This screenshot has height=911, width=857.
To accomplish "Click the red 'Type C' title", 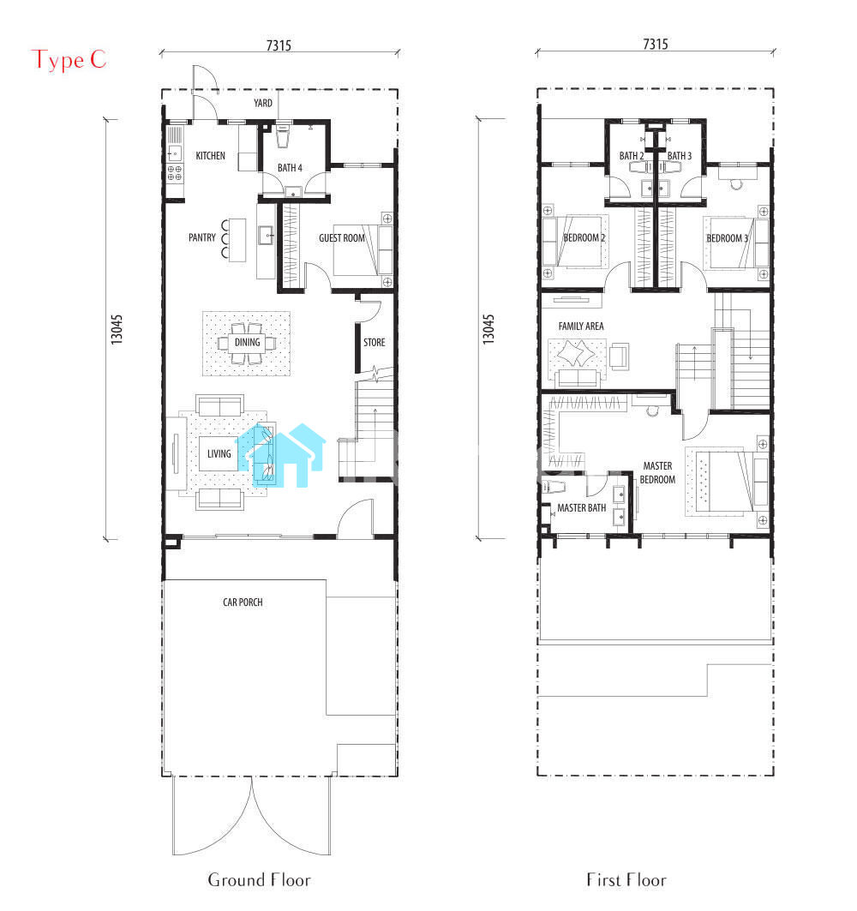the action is click(69, 61).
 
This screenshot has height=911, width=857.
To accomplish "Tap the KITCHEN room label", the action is click(210, 156).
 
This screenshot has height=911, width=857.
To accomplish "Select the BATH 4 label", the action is click(290, 168).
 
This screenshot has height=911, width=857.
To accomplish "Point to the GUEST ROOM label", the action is click(342, 238).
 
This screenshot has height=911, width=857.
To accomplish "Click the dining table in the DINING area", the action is click(247, 343).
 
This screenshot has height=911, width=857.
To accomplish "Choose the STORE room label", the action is click(375, 343).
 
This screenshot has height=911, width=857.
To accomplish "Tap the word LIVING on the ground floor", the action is click(219, 453).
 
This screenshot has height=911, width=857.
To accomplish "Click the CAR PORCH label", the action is click(243, 602).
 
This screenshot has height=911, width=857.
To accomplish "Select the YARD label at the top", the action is click(262, 103).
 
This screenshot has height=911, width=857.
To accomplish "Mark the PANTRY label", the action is click(202, 237).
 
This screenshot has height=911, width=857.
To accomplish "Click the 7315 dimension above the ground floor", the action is click(279, 45).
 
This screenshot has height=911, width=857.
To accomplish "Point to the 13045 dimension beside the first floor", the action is click(488, 329).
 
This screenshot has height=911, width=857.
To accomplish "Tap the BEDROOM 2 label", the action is click(584, 238).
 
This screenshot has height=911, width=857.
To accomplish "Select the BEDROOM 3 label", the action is click(728, 238).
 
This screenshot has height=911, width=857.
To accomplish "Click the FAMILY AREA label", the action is click(581, 327).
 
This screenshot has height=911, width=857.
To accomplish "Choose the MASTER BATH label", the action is click(582, 508).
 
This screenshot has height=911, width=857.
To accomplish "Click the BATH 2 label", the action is click(632, 156).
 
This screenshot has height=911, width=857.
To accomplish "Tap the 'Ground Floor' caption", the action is click(259, 880).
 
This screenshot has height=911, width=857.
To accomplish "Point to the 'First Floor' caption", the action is click(626, 880).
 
